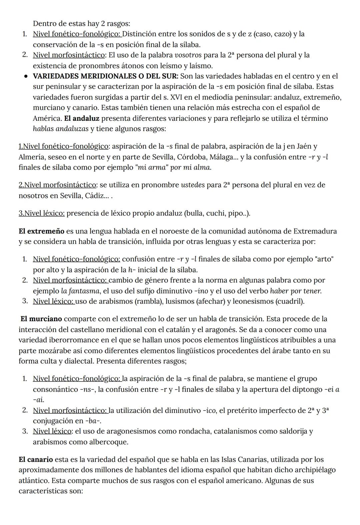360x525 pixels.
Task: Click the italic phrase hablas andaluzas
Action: point(61,129)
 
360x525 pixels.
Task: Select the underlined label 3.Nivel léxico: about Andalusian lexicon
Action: point(42,213)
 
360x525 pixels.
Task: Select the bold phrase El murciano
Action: point(41,319)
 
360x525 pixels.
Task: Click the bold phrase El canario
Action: point(36,460)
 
